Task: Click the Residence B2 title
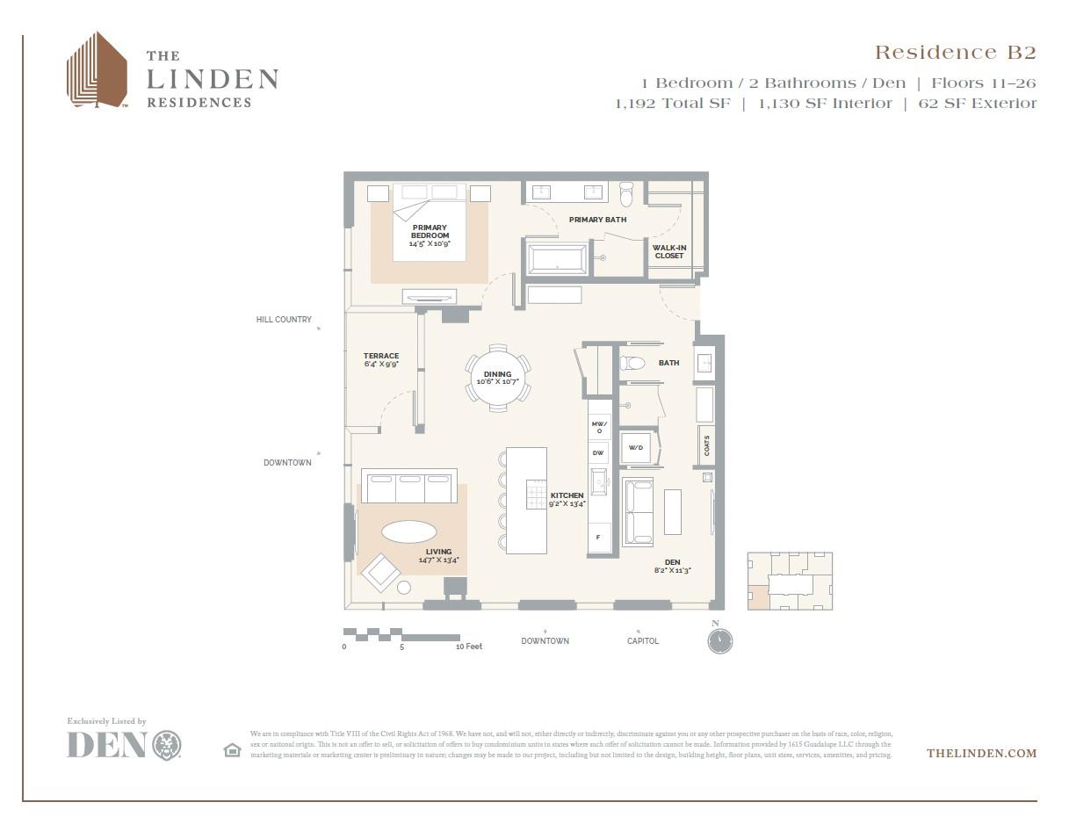pyautogui.click(x=955, y=53)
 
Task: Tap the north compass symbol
pyautogui.click(x=719, y=640)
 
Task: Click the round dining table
pyautogui.click(x=498, y=379)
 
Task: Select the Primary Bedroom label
pyautogui.click(x=430, y=232)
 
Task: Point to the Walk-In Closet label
pyautogui.click(x=668, y=252)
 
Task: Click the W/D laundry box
pyautogui.click(x=636, y=447)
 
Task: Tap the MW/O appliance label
pyautogui.click(x=599, y=427)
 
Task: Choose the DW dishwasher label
pyautogui.click(x=599, y=453)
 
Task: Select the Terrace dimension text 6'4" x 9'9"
pyautogui.click(x=381, y=364)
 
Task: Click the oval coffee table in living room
pyautogui.click(x=409, y=531)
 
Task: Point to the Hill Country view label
pyautogui.click(x=284, y=320)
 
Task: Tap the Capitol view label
pyautogui.click(x=643, y=640)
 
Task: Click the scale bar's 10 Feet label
pyautogui.click(x=469, y=647)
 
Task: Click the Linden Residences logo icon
pyautogui.click(x=97, y=70)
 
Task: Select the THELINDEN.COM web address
pyautogui.click(x=981, y=753)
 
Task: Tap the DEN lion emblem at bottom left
pyautogui.click(x=167, y=745)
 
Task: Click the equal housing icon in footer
pyautogui.click(x=232, y=749)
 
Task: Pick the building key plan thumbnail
pyautogui.click(x=790, y=581)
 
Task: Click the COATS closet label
pyautogui.click(x=706, y=446)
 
